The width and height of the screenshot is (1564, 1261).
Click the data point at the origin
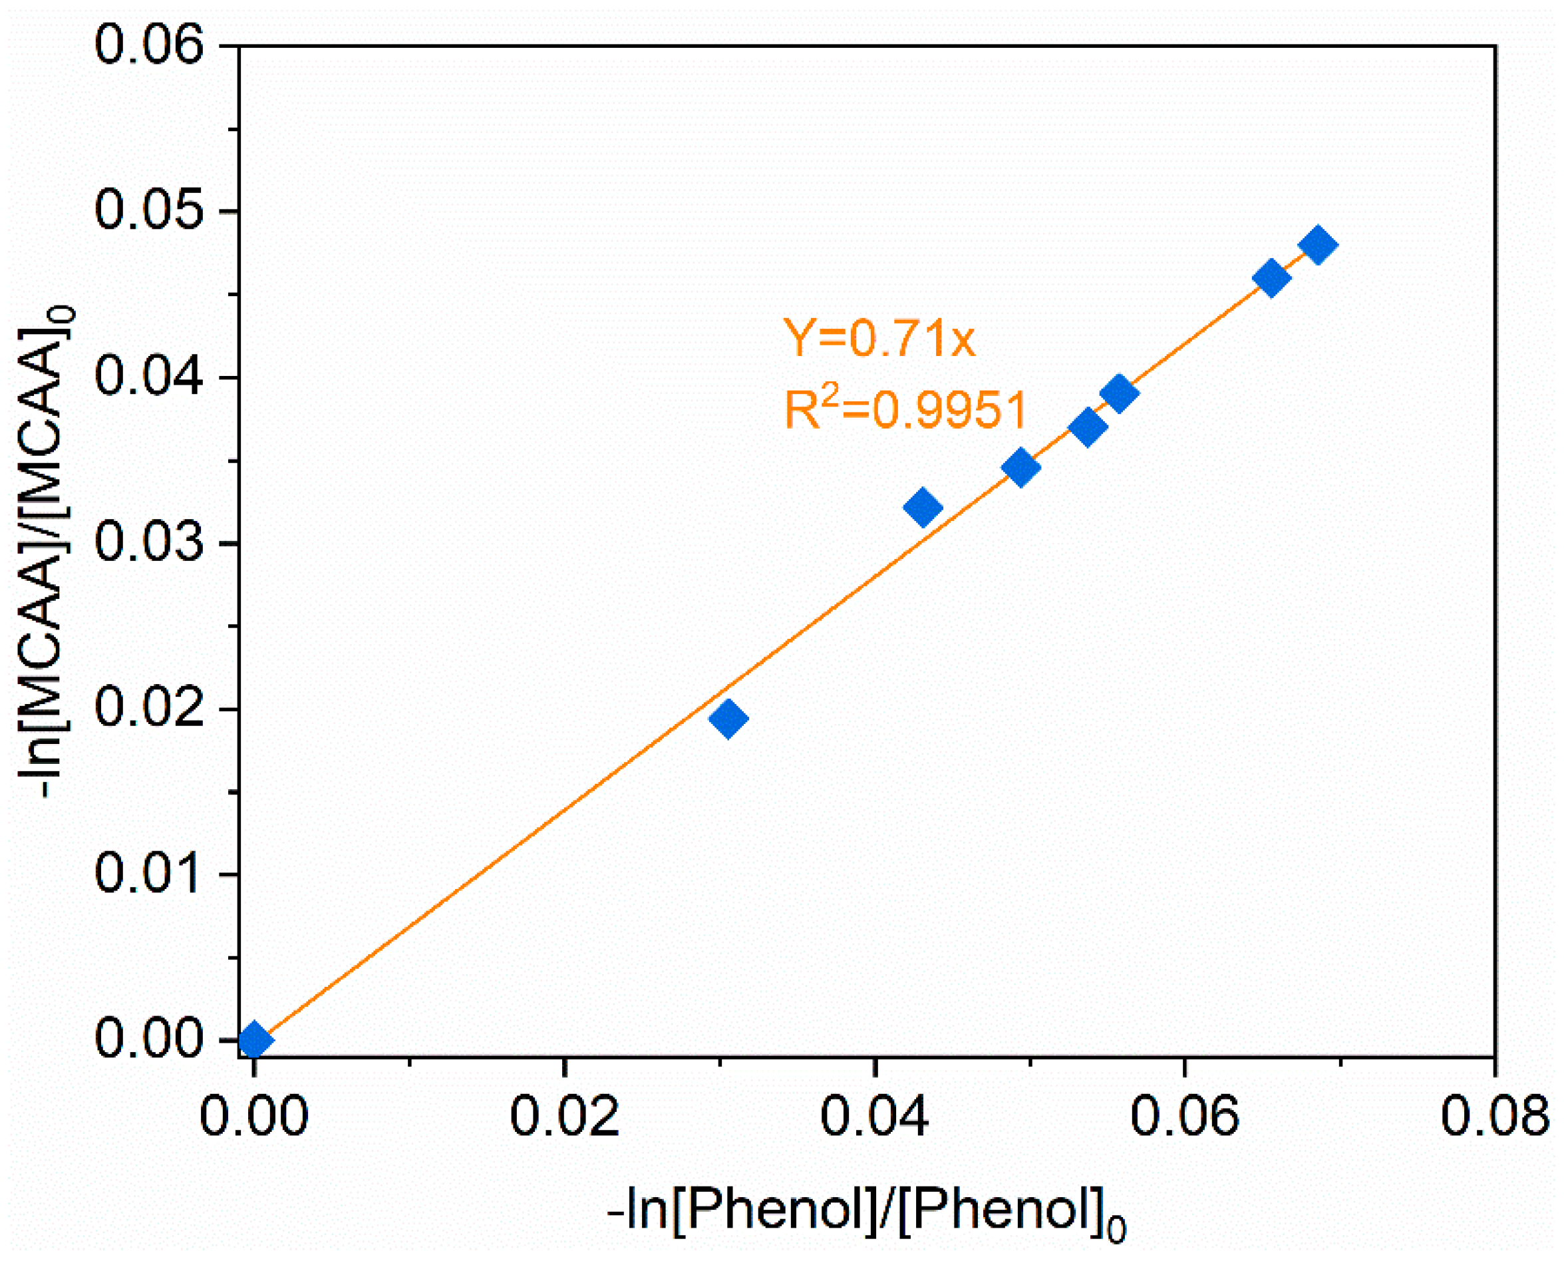point(255,1039)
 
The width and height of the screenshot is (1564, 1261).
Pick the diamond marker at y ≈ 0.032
point(923,507)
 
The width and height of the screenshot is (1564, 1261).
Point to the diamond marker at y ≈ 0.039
point(1119,393)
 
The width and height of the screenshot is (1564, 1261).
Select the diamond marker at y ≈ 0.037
point(1087,427)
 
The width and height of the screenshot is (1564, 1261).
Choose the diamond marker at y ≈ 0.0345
point(1021,467)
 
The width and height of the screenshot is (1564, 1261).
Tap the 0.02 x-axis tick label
point(564,1116)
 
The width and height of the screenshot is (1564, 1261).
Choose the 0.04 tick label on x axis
point(874,1116)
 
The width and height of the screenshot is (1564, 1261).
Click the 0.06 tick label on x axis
point(1184,1116)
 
